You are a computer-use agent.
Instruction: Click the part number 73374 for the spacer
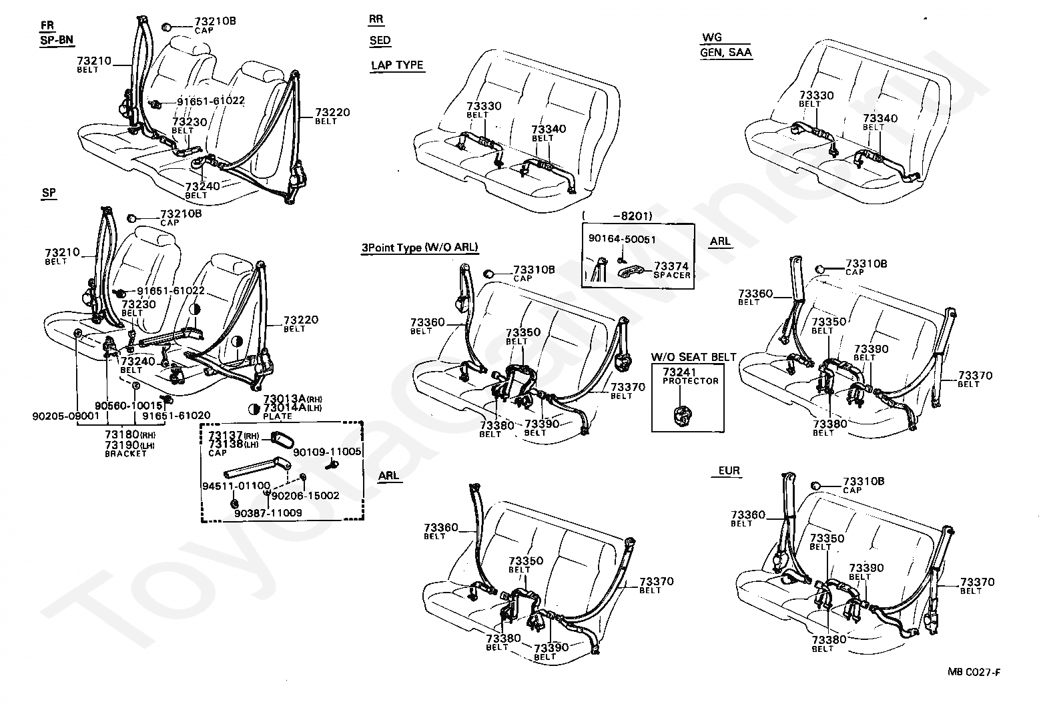pos(671,266)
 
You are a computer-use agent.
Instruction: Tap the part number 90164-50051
pos(622,240)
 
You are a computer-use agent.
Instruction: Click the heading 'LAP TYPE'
pos(397,65)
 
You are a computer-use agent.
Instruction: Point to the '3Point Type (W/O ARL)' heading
pos(420,248)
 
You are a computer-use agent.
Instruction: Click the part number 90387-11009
pos(268,513)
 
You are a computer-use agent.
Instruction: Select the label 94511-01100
pos(236,486)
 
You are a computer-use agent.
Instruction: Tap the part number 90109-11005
pos(327,452)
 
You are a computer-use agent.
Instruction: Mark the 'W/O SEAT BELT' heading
pos(693,357)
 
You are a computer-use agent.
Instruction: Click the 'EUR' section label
pos(729,470)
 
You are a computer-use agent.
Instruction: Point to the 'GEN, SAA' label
pos(726,53)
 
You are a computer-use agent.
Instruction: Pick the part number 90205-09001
pos(66,416)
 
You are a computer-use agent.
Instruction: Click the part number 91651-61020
pos(176,416)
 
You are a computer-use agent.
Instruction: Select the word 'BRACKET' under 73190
pos(125,454)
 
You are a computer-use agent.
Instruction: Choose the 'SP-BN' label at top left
pos(57,40)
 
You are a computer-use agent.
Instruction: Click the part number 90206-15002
pos(306,496)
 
